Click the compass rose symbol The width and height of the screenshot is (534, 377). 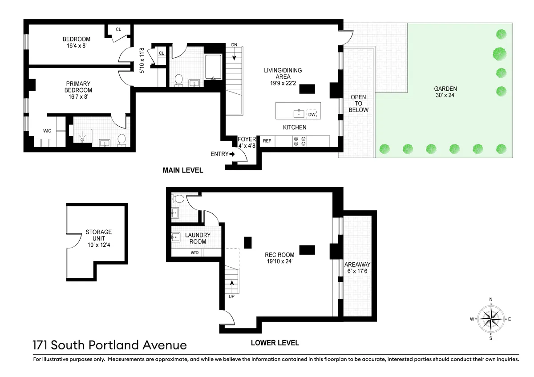pos(491,319)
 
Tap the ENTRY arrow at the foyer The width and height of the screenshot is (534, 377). pos(232,154)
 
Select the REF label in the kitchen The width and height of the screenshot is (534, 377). pos(267,141)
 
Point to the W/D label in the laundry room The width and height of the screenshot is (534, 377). pos(195,253)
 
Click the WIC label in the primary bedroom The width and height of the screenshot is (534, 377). pos(47,131)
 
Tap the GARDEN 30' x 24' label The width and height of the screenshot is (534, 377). pos(445,92)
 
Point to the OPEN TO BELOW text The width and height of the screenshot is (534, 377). pos(359,104)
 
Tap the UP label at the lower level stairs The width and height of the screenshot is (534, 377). pos(231,296)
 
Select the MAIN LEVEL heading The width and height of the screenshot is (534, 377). pos(182,170)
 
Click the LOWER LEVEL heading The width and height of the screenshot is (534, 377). pos(275,343)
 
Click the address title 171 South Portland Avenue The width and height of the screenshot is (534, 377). pos(109,345)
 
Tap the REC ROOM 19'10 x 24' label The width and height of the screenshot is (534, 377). pos(279,258)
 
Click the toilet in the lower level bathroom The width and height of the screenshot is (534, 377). pos(179,199)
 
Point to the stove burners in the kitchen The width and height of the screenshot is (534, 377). pos(299,141)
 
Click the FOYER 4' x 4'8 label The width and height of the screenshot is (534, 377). pos(247,142)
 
